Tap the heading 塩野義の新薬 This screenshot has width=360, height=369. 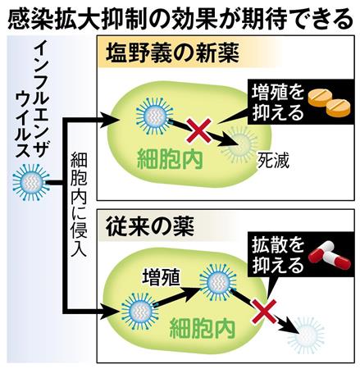click(172, 54)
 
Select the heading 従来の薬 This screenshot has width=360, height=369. click(150, 227)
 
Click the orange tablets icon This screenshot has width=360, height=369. click(329, 102)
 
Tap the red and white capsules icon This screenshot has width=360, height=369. click(329, 256)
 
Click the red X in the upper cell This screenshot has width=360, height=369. click(199, 130)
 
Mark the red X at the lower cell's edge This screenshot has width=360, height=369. click(264, 311)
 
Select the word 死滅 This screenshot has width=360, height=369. click(273, 161)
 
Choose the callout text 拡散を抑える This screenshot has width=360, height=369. click(278, 255)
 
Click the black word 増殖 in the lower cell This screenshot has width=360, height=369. click(161, 278)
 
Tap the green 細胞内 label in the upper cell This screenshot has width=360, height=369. click(170, 159)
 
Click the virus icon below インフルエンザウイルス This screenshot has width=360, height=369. click(31, 182)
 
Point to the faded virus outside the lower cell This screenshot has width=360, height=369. click(306, 335)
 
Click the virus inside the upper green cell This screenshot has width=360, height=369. click(155, 116)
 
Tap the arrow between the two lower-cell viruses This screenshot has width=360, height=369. click(177, 298)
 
